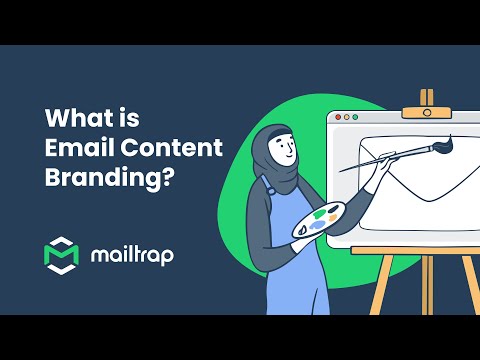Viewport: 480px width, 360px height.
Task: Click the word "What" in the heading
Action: pyautogui.click(x=71, y=117)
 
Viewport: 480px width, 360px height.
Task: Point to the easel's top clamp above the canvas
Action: pyautogui.click(x=427, y=98)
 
